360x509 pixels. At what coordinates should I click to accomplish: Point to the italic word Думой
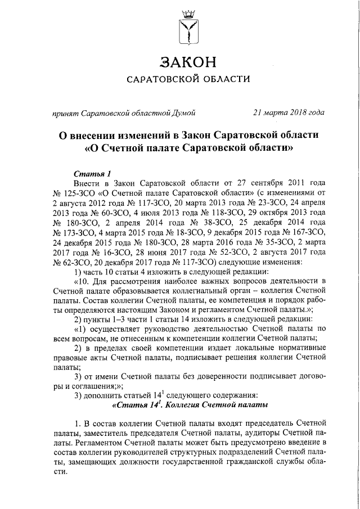coord(182,112)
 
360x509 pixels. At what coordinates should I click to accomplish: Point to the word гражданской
coord(246,461)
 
